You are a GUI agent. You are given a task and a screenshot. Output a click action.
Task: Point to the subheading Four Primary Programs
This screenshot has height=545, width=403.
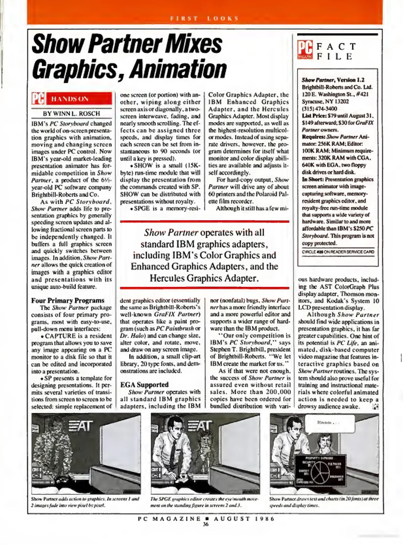(68, 301)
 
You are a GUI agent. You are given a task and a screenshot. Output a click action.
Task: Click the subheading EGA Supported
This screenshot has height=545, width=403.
(144, 385)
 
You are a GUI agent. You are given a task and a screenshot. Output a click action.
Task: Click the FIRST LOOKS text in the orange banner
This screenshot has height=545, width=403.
(204, 18)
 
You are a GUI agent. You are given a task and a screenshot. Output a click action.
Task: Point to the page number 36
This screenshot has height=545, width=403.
(205, 524)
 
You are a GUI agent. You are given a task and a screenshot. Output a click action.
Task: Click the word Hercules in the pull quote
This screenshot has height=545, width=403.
(167, 278)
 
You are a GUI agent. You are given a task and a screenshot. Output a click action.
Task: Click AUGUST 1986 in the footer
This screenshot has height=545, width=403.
(244, 519)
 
